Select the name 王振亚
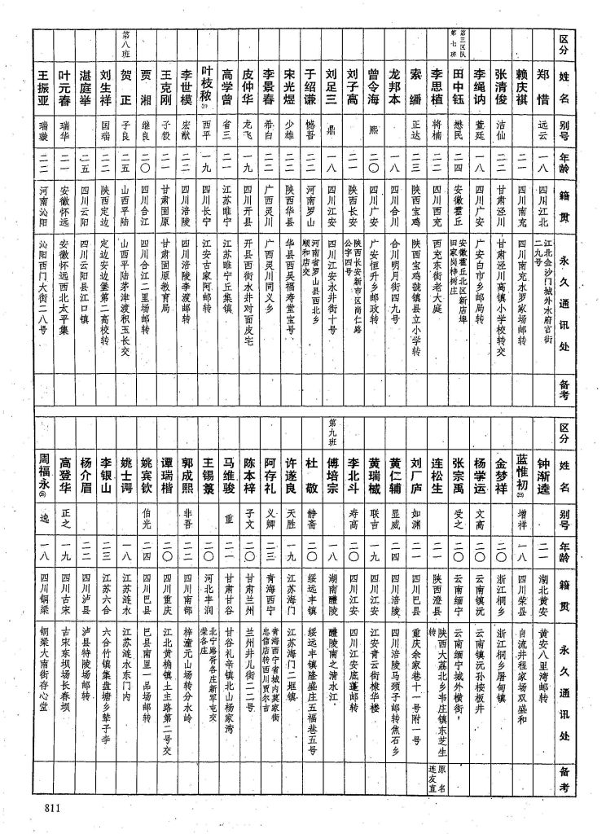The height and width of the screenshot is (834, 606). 46,89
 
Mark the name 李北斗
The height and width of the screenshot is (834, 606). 352,472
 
